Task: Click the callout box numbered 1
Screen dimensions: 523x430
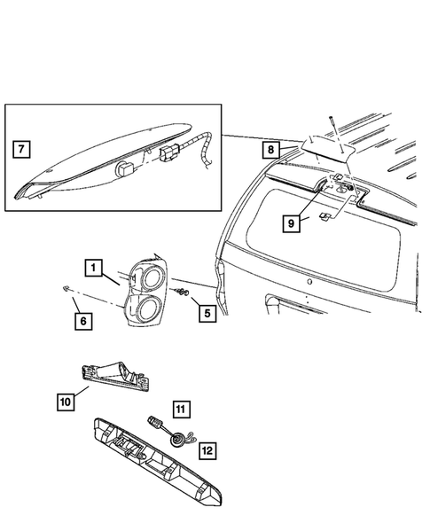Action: (x=93, y=266)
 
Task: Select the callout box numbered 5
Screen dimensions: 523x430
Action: (x=206, y=312)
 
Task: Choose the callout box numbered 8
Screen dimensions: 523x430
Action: (x=271, y=150)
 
